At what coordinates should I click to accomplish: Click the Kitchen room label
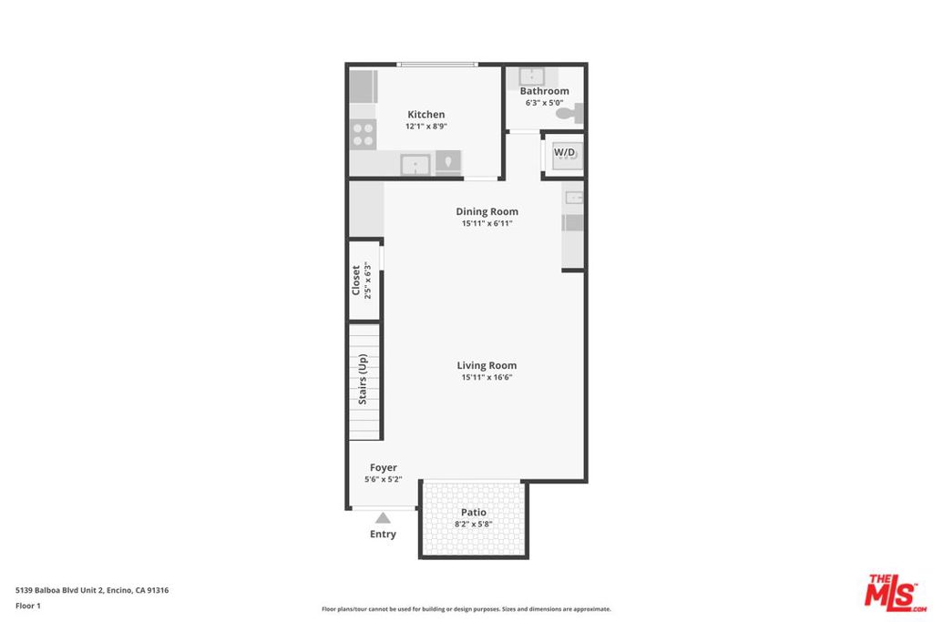pyautogui.click(x=426, y=114)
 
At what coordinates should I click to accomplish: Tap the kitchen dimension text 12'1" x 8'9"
pyautogui.click(x=426, y=126)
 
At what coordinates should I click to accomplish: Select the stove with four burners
pyautogui.click(x=363, y=134)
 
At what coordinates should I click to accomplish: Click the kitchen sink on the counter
pyautogui.click(x=415, y=164)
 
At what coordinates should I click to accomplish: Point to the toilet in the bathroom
pyautogui.click(x=570, y=113)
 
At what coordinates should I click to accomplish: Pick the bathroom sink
pyautogui.click(x=531, y=76)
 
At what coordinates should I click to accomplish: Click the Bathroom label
pyautogui.click(x=545, y=91)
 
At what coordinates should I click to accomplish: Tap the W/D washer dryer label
pyautogui.click(x=565, y=152)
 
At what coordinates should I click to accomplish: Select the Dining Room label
pyautogui.click(x=487, y=211)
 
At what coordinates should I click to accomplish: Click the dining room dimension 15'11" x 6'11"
pyautogui.click(x=487, y=224)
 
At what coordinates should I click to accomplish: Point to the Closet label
pyautogui.click(x=356, y=280)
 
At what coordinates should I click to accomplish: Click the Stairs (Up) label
pyautogui.click(x=363, y=380)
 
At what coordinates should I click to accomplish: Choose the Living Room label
pyautogui.click(x=487, y=365)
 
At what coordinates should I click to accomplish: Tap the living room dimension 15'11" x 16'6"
pyautogui.click(x=487, y=377)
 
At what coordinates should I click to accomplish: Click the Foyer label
pyautogui.click(x=384, y=467)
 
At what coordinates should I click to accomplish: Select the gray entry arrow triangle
pyautogui.click(x=383, y=518)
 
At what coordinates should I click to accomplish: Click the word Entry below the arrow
pyautogui.click(x=383, y=534)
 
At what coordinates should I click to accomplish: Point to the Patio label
pyautogui.click(x=474, y=512)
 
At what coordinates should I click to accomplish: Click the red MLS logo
pyautogui.click(x=895, y=593)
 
